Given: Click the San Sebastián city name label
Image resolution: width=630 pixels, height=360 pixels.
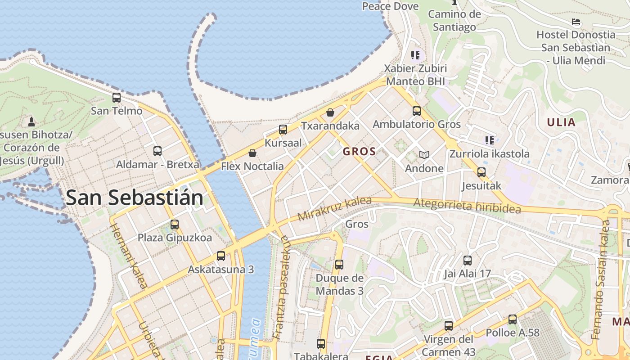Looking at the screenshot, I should (x=134, y=198).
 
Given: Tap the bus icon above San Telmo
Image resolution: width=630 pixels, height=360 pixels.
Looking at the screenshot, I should (x=117, y=97).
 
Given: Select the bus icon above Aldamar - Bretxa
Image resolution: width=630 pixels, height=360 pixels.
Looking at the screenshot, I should (x=157, y=151).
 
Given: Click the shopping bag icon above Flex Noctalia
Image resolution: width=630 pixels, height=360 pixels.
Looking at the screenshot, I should (x=252, y=153).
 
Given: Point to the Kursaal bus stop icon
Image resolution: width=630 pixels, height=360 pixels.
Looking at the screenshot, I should (x=283, y=130).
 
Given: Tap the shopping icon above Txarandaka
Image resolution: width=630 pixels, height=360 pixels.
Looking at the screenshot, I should (x=330, y=112).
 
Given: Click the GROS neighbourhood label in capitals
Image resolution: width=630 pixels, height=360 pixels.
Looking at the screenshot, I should (x=359, y=152).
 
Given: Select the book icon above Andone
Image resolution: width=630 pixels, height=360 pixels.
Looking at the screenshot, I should (x=424, y=155).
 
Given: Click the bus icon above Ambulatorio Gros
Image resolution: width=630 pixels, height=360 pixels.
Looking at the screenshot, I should (x=417, y=111).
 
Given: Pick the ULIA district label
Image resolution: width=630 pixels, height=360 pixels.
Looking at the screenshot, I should (x=561, y=122).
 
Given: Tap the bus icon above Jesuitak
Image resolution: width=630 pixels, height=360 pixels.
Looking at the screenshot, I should (x=481, y=172).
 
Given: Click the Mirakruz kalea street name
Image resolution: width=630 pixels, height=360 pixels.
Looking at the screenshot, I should (x=334, y=209).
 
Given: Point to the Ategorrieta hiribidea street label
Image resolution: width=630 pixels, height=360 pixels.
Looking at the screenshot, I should (x=467, y=206).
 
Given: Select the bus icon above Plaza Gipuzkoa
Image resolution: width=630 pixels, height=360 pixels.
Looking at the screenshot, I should (x=175, y=224).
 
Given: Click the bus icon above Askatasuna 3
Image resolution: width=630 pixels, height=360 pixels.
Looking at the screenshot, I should (x=221, y=256).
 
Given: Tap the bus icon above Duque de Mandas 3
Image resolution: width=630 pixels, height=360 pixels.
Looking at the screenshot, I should (x=339, y=265).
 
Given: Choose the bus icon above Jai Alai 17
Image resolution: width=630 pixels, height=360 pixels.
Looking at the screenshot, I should (x=468, y=260).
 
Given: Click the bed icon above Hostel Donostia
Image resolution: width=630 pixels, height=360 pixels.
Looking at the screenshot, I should (x=576, y=22).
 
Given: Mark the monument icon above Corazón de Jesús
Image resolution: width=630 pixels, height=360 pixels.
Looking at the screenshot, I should (x=31, y=121).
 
